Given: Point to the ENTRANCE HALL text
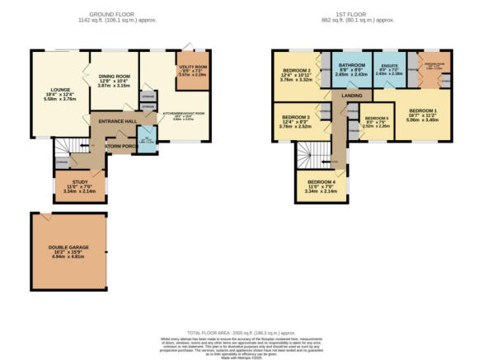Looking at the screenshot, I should click(117, 122).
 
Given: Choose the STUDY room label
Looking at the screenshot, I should click(80, 182).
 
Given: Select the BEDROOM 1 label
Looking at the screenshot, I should click(424, 110).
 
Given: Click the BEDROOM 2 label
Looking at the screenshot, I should click(297, 72).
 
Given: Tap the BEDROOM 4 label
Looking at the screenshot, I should click(321, 181).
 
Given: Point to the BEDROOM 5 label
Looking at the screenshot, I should click(376, 119).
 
